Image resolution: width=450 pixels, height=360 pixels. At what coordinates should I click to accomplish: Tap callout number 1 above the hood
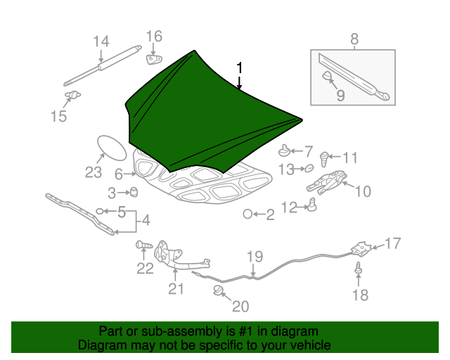click(240, 68)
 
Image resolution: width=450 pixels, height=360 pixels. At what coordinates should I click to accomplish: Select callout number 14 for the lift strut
click(101, 41)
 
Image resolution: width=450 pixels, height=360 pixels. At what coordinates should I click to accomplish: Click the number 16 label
click(154, 36)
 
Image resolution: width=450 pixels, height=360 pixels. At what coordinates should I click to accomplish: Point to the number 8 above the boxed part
click(354, 39)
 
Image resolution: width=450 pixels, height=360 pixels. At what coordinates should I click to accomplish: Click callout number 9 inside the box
click(340, 95)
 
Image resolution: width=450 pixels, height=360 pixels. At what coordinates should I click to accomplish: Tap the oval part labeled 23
click(108, 148)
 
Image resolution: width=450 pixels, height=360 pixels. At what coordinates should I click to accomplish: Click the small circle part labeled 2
click(247, 214)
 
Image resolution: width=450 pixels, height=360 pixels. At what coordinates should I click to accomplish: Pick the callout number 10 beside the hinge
click(361, 191)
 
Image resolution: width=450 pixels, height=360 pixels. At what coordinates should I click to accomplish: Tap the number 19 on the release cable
click(254, 257)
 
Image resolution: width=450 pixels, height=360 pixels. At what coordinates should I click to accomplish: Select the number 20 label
click(240, 307)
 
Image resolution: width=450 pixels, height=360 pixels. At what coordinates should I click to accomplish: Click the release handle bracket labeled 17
click(361, 248)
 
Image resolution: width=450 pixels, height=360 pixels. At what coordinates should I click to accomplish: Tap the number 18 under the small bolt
click(360, 295)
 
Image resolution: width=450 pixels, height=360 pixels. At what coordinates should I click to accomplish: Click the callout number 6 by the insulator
click(119, 173)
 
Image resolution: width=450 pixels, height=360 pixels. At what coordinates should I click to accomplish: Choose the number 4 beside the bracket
click(146, 221)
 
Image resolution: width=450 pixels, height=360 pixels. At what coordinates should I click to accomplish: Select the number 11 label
click(349, 157)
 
